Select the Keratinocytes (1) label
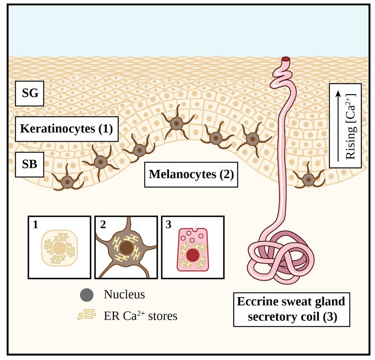tap(66, 129)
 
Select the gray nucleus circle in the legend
tap(86, 295)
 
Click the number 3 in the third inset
tap(169, 225)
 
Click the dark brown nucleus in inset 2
tap(126, 250)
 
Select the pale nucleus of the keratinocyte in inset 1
tap(59, 249)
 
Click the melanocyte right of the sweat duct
tap(308, 179)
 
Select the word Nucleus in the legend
tap(124, 295)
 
